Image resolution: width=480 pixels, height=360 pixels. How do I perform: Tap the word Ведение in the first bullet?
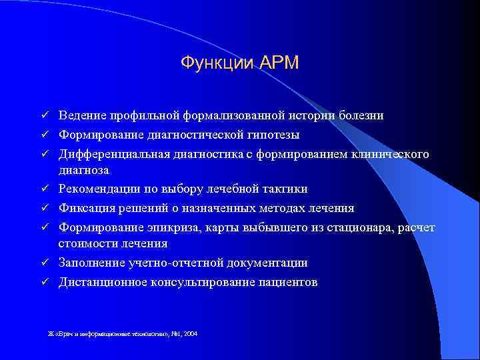pos(82,116)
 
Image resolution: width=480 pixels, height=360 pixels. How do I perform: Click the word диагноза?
pos(83,170)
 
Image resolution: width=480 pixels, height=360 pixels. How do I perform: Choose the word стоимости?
pos(85,244)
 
